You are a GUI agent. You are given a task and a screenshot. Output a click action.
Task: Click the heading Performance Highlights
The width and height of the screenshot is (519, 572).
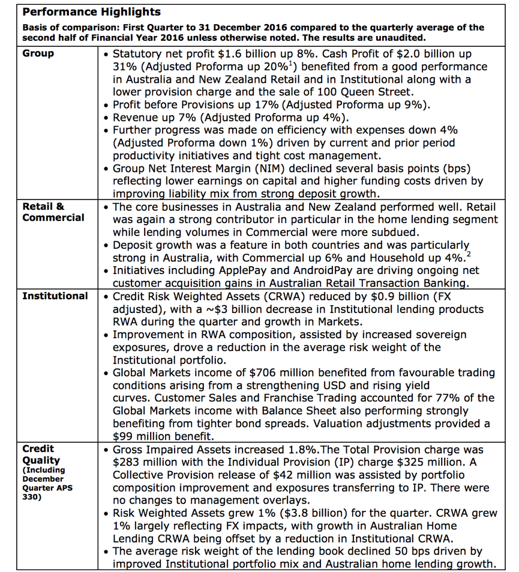(92, 12)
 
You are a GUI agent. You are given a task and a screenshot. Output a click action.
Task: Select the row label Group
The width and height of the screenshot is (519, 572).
(38, 53)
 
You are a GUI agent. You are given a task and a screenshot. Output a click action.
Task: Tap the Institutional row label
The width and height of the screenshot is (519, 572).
(55, 296)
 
